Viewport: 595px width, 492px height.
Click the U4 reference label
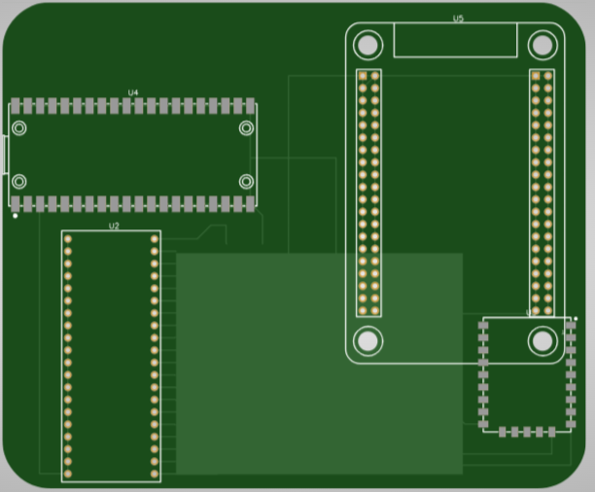click(133, 92)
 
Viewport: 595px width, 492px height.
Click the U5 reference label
click(458, 18)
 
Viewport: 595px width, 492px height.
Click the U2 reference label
click(114, 226)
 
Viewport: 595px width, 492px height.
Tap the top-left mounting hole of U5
click(367, 45)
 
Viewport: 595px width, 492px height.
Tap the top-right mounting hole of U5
click(542, 45)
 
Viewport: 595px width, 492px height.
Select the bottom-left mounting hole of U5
click(367, 340)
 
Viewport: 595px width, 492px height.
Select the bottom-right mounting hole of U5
click(542, 340)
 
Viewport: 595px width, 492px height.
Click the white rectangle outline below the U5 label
click(454, 41)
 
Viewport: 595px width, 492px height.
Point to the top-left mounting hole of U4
click(19, 128)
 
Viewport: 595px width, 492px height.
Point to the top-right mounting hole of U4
click(246, 128)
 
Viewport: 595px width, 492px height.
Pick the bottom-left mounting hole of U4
click(19, 181)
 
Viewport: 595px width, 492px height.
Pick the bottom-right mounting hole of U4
click(246, 181)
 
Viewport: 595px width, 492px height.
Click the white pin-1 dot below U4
click(16, 215)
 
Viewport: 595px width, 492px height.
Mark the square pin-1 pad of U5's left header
click(363, 75)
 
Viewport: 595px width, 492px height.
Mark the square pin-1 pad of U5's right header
click(536, 75)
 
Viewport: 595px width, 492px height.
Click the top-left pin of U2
click(68, 239)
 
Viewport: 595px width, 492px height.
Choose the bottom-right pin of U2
click(155, 474)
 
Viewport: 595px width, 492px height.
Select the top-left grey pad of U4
click(16, 104)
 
